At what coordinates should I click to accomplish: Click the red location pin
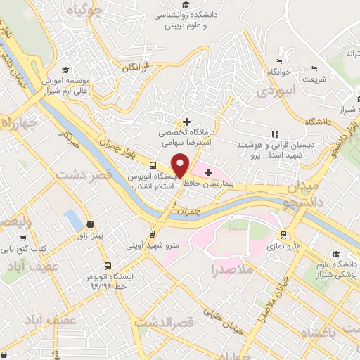(181, 166)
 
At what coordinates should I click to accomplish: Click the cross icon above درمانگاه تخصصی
(186, 122)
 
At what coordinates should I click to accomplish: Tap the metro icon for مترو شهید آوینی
(152, 233)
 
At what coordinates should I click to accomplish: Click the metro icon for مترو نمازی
(283, 235)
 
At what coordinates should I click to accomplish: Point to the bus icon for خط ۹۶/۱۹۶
(108, 266)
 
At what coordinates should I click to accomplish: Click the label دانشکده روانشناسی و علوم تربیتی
(198, 19)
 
